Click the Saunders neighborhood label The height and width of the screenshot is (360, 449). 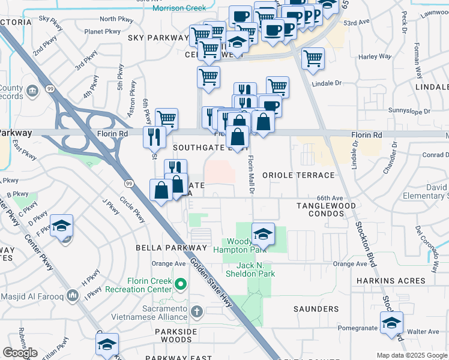point(316,309)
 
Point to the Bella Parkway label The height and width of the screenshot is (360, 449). point(171,248)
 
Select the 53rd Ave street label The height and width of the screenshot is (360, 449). point(357,22)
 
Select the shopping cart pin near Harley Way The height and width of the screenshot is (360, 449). point(313,59)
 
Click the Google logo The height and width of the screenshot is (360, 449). point(20,353)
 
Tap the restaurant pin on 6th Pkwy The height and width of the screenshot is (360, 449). point(154,136)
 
